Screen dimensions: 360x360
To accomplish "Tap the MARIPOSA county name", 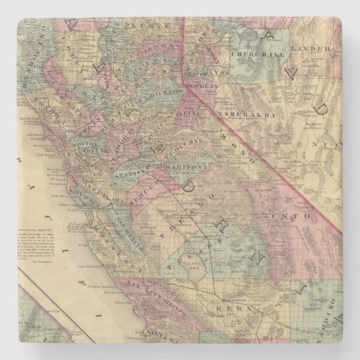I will tap(190, 165).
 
